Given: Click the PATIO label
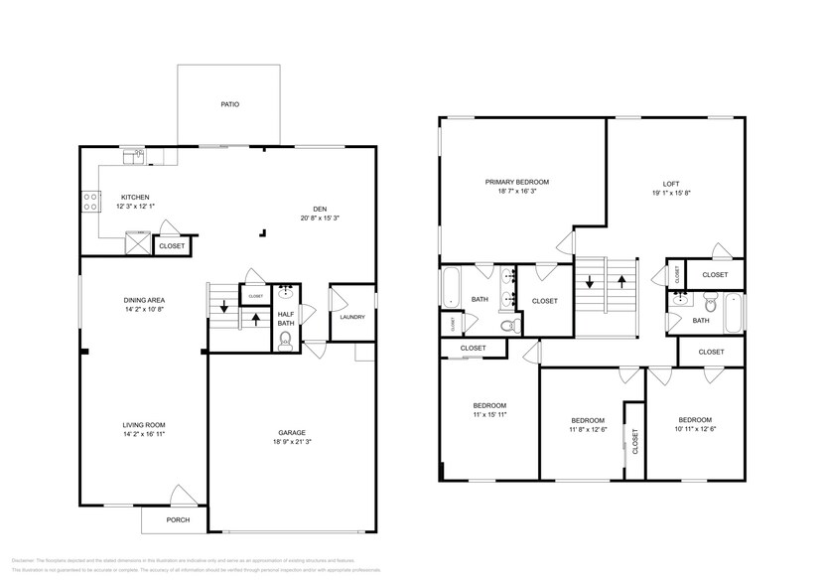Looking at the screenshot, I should click(x=229, y=104).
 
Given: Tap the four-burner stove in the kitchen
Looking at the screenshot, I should click(x=89, y=201).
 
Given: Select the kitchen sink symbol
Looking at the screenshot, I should click(x=132, y=156).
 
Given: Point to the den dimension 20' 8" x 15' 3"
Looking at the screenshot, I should click(x=320, y=218).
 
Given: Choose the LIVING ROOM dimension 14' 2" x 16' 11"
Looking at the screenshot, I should click(x=143, y=434).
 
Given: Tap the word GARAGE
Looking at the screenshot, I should click(x=291, y=432).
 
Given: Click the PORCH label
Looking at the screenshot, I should click(x=178, y=519).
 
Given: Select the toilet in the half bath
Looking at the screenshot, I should click(x=285, y=340).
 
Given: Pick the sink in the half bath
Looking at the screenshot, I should click(x=286, y=292).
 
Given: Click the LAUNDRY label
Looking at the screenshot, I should click(x=351, y=317).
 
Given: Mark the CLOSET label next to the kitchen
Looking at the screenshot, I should click(x=172, y=244).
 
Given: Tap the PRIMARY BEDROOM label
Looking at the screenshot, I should click(x=516, y=182).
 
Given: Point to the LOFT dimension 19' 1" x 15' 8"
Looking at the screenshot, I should click(x=671, y=194).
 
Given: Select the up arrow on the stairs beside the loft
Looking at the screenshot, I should click(x=622, y=281).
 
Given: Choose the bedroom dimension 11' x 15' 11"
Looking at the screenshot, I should click(x=489, y=414).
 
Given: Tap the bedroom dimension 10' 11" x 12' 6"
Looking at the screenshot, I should click(x=695, y=429).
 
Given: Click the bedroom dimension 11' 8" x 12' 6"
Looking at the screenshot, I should click(x=588, y=429).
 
